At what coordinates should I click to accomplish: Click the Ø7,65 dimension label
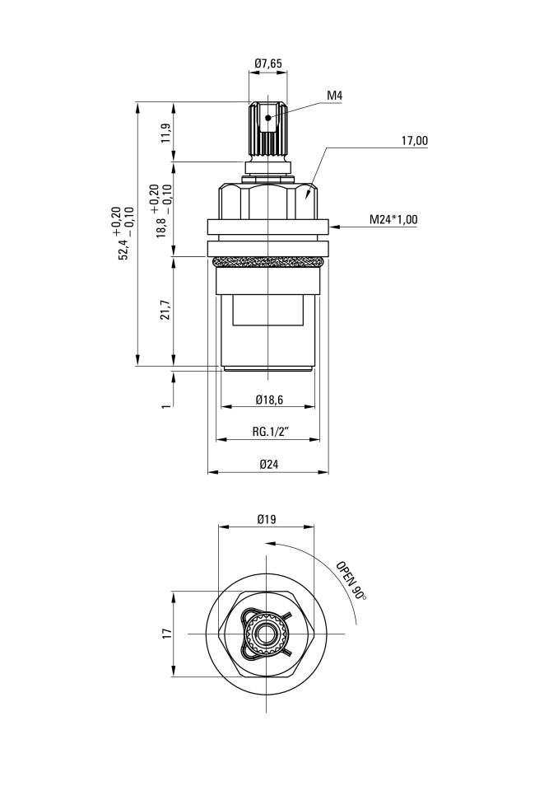click(x=268, y=63)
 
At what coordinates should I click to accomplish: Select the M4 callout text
click(x=335, y=96)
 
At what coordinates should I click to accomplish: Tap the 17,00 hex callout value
click(x=414, y=141)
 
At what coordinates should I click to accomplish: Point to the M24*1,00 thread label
click(x=393, y=219)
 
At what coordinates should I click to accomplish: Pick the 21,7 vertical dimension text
click(x=167, y=310)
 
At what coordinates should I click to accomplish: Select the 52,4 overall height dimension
click(x=123, y=240)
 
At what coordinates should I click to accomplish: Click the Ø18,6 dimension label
click(x=269, y=400)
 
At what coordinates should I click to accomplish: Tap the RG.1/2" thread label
click(x=270, y=432)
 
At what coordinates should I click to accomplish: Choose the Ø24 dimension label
click(x=269, y=464)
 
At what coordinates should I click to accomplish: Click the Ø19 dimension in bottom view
click(x=267, y=518)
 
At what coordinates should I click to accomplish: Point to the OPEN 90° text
click(x=351, y=580)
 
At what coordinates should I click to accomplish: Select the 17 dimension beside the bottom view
click(x=167, y=634)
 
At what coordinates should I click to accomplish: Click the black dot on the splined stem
click(x=268, y=118)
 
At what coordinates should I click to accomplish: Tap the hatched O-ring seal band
click(x=267, y=261)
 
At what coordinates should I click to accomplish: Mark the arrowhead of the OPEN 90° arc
click(x=269, y=544)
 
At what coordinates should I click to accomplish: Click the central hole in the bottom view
click(x=266, y=634)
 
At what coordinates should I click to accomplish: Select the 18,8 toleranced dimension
click(x=161, y=211)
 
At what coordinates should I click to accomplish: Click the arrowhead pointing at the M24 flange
click(x=333, y=227)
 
